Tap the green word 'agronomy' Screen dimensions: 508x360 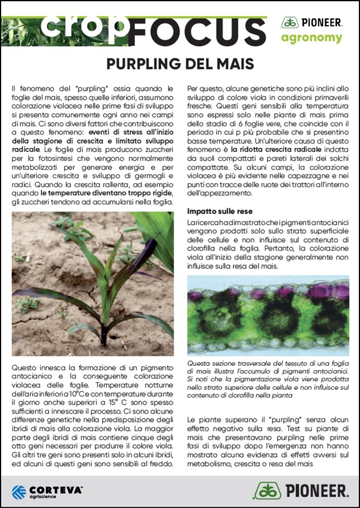tap(311, 38)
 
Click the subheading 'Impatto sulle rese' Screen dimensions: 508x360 tap(219, 211)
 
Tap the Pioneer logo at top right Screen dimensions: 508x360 tap(311, 22)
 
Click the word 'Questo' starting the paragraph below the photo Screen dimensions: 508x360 tap(24, 367)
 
